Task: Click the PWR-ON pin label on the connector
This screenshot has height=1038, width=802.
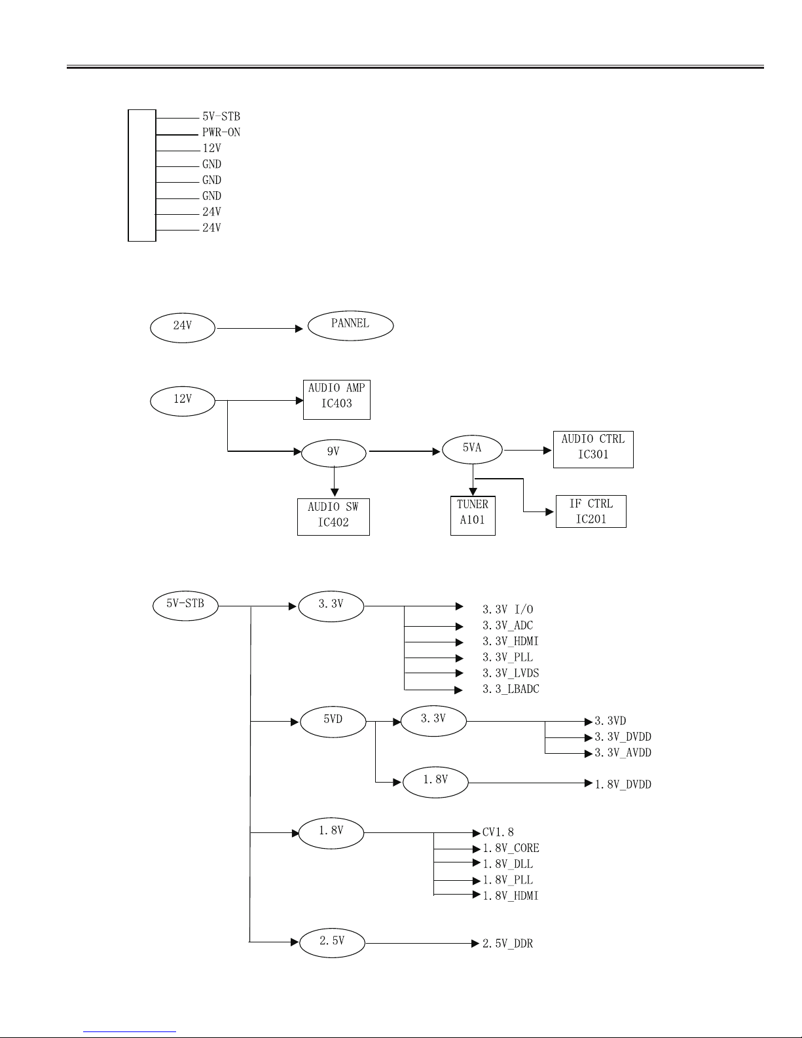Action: (221, 132)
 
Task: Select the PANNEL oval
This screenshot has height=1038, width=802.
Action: (350, 325)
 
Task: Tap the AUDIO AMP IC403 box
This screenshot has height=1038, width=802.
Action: (337, 400)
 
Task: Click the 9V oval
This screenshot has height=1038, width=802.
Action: (334, 453)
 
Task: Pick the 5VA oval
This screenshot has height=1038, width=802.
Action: (472, 449)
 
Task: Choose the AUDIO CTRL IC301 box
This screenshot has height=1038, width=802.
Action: (593, 449)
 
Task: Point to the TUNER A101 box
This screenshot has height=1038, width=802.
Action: (473, 516)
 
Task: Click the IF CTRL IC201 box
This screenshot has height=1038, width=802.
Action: (591, 511)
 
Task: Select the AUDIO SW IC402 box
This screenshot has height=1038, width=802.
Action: (333, 517)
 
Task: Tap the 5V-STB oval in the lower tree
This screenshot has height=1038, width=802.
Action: (185, 606)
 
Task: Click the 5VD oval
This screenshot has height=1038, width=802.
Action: (333, 722)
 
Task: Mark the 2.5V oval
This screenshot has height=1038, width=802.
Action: (332, 943)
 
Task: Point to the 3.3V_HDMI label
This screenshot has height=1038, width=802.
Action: (510, 642)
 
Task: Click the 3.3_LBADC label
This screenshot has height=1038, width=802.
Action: (511, 690)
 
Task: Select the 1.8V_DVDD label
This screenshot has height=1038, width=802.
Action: (623, 785)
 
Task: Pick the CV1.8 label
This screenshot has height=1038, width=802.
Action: (498, 832)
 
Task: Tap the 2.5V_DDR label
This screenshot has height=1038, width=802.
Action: (507, 944)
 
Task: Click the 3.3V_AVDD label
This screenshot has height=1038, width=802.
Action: (623, 753)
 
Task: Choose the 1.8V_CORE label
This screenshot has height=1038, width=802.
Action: (511, 848)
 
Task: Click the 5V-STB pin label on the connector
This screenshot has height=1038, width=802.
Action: (221, 117)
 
